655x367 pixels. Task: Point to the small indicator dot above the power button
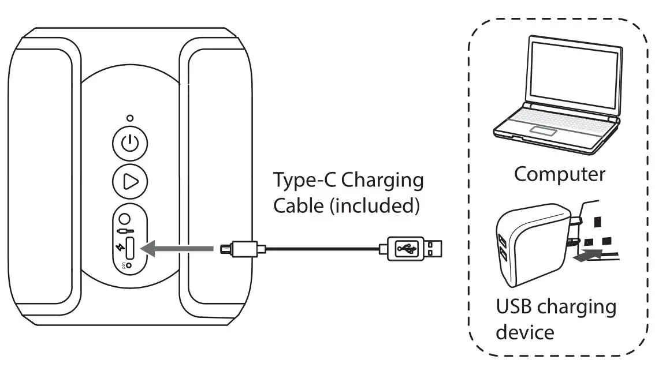[x=130, y=118]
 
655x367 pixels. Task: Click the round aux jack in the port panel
[x=124, y=220]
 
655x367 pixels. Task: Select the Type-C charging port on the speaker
[x=129, y=248]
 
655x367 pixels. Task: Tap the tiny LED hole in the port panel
[x=128, y=266]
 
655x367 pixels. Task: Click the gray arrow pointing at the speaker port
[x=177, y=248]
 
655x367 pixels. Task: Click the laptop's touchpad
[x=540, y=130]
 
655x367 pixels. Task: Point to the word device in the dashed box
[x=525, y=332]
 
